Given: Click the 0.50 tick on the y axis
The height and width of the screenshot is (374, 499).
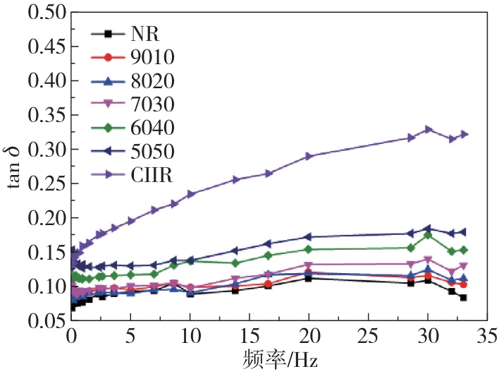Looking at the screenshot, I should tap(44, 13).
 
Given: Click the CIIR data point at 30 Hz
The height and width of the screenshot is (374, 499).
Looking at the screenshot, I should tap(428, 129).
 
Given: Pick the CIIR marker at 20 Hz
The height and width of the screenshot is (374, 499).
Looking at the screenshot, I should tap(309, 156).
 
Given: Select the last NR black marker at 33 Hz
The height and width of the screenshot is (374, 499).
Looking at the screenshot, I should tap(463, 298).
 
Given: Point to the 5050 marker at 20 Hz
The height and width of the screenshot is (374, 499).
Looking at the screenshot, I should tap(309, 237).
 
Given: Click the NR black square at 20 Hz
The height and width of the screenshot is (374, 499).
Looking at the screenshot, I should tap(309, 278).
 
